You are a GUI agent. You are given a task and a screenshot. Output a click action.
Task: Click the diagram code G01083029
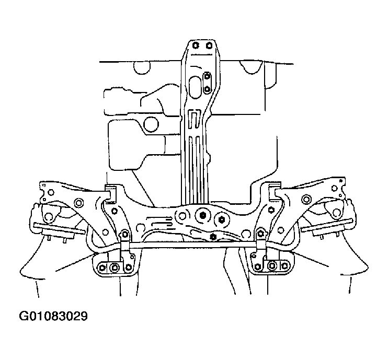(53, 316)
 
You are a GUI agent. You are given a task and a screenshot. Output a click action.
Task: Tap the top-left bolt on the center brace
(195, 45)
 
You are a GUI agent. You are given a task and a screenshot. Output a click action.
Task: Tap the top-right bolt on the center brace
(209, 45)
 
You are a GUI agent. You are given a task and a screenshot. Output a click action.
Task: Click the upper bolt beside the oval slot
(207, 77)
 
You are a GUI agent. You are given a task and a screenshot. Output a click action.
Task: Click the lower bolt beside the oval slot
(208, 89)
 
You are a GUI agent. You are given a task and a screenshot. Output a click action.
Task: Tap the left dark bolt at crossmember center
(202, 215)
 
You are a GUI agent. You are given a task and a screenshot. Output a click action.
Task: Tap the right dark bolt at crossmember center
(221, 219)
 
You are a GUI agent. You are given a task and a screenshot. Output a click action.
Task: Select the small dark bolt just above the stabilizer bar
(212, 237)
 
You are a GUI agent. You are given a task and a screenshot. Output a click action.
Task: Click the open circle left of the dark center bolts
(182, 216)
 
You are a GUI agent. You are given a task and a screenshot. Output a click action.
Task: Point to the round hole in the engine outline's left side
(151, 124)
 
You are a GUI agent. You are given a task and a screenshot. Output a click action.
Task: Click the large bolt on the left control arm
(79, 203)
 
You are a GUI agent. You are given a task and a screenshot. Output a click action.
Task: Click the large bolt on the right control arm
(306, 199)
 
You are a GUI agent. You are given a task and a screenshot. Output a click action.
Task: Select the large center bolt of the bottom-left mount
(113, 268)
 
